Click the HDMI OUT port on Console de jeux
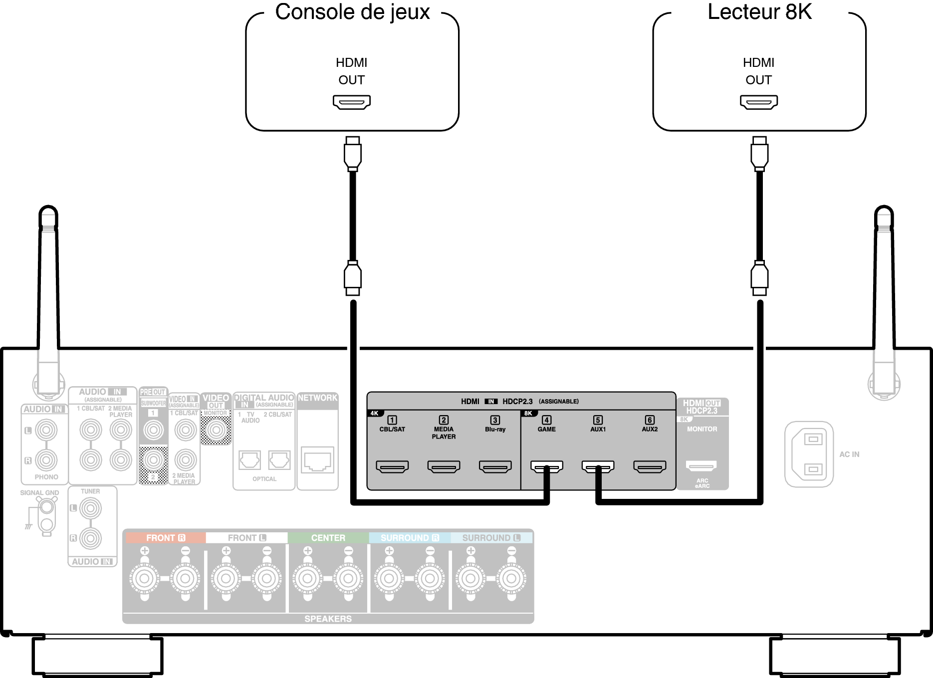pyautogui.click(x=352, y=102)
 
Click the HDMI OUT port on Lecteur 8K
pyautogui.click(x=758, y=102)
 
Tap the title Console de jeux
pyautogui.click(x=352, y=12)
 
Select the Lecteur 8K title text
pyautogui.click(x=759, y=12)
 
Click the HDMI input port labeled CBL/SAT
pyautogui.click(x=392, y=466)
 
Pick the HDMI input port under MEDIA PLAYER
pyautogui.click(x=444, y=466)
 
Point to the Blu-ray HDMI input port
pyautogui.click(x=495, y=466)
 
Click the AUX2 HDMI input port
pyautogui.click(x=650, y=466)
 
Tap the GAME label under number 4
pyautogui.click(x=546, y=429)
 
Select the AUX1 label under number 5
pyautogui.click(x=598, y=429)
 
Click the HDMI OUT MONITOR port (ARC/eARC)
pyautogui.click(x=701, y=466)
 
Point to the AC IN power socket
pyautogui.click(x=809, y=454)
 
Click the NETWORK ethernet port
pyautogui.click(x=317, y=459)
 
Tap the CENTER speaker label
pyautogui.click(x=328, y=538)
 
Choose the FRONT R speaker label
pyautogui.click(x=165, y=538)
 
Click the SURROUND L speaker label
pyautogui.click(x=491, y=538)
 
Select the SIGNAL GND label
pyautogui.click(x=39, y=492)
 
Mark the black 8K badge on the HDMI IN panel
pyautogui.click(x=528, y=413)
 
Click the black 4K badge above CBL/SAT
pyautogui.click(x=374, y=413)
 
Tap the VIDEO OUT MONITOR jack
pyautogui.click(x=216, y=430)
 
